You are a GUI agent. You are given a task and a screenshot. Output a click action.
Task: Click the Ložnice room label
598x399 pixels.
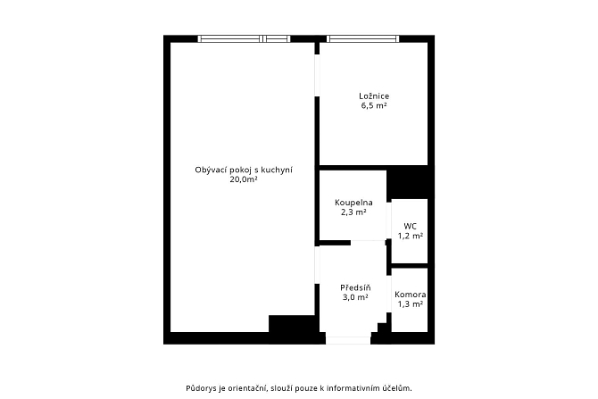coord(374,96)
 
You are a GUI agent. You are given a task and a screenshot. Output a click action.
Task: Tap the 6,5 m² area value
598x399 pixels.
coord(374,105)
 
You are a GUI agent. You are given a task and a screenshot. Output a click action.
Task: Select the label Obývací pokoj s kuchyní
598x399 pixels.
coord(244,170)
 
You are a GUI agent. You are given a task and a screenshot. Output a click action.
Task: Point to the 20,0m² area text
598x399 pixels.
coord(244,179)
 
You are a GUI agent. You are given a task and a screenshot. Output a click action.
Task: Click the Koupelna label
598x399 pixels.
coord(353,203)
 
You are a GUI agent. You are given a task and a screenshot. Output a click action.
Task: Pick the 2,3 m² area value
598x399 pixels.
coord(353,212)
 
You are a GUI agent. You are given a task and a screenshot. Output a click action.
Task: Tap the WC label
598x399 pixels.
coord(410,226)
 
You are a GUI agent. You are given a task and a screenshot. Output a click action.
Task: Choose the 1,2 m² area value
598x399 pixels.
coord(411,236)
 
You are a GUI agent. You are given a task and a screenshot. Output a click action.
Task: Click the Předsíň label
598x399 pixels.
coord(355,287)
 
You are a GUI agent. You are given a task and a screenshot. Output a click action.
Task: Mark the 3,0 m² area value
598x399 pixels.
coord(355,297)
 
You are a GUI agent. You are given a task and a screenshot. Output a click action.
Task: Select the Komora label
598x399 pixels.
coord(411,295)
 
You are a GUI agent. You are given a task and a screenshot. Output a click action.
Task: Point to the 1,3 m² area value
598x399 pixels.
coord(411,304)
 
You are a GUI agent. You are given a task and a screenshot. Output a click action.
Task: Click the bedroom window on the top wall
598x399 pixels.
coord(362,38)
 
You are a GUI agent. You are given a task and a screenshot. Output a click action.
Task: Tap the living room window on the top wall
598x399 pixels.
coord(244,38)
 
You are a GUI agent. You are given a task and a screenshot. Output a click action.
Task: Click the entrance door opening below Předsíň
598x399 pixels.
coord(348,340)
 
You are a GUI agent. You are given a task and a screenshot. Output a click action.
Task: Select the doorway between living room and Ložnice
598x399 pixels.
coord(317,76)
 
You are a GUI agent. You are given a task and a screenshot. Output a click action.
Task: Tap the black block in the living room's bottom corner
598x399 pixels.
coord(294,324)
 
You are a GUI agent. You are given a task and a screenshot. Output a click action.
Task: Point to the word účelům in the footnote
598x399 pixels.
coord(401,388)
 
